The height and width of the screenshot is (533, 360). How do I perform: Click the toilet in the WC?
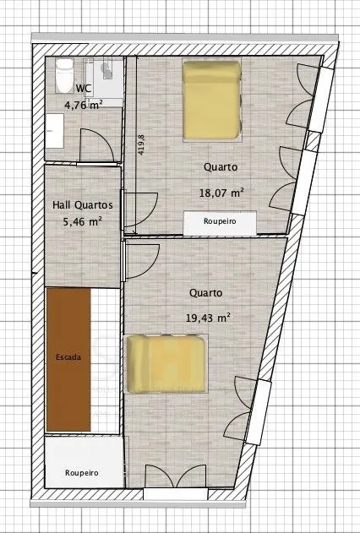click(64, 75)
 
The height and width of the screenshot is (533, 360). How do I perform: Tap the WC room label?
click(84, 89)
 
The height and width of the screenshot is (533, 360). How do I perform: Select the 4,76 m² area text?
click(84, 105)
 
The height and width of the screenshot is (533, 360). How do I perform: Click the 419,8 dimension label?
click(141, 144)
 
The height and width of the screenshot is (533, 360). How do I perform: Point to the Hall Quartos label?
click(83, 205)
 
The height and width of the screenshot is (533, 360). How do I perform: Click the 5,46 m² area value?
click(83, 222)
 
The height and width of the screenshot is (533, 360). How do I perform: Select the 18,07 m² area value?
click(221, 193)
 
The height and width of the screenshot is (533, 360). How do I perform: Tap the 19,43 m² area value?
click(208, 318)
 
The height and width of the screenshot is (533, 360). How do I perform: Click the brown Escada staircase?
click(68, 360)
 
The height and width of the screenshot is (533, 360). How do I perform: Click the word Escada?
click(68, 357)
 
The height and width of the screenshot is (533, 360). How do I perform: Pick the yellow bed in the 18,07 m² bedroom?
click(212, 100)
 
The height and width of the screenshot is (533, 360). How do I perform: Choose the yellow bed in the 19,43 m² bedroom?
click(166, 364)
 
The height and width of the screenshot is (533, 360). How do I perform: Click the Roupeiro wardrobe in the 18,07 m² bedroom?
click(220, 223)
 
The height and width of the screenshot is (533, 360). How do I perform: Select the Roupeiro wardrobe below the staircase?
click(84, 462)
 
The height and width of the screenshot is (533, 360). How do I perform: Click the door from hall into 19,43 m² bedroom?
click(141, 260)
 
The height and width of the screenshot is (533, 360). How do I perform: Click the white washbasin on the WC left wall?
click(54, 131)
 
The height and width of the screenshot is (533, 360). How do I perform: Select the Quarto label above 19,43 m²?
click(206, 293)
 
